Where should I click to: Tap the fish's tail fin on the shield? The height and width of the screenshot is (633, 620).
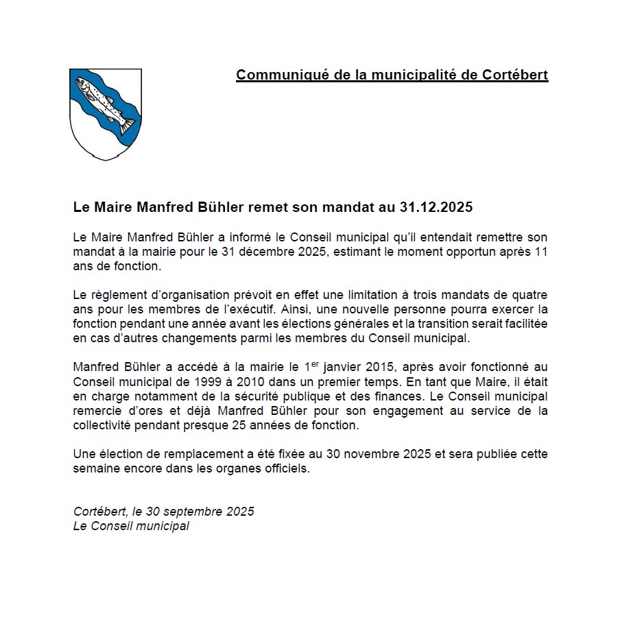pyautogui.click(x=128, y=126)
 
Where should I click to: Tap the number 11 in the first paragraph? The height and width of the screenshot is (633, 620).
pyautogui.click(x=541, y=251)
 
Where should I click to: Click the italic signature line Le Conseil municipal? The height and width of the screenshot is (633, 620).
pyautogui.click(x=131, y=527)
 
